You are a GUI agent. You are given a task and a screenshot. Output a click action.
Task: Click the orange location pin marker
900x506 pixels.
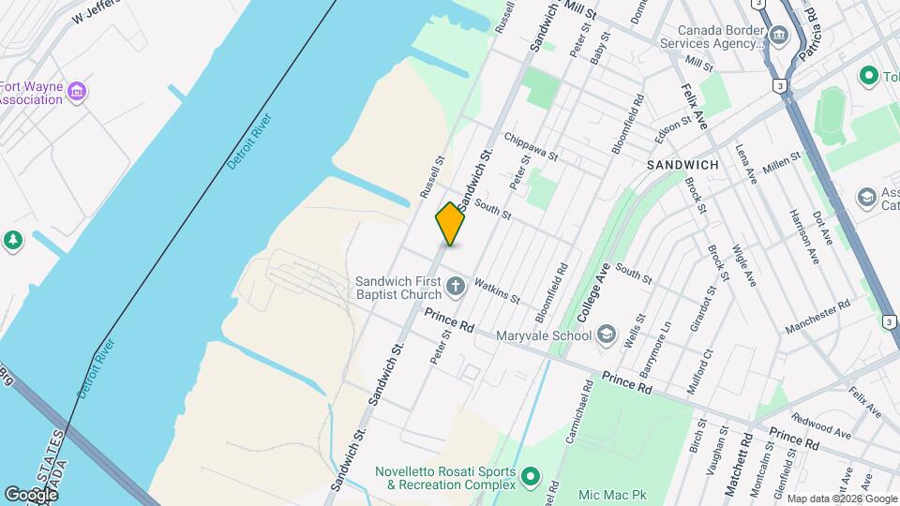point(451,224)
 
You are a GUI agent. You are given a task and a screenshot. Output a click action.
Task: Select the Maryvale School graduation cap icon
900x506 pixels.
point(607,335)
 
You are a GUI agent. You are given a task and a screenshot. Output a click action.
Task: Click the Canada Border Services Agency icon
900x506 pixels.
point(779,36)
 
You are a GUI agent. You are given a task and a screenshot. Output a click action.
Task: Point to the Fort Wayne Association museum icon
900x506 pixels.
point(78,91)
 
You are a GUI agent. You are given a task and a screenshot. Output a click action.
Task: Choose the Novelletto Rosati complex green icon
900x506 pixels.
point(531,478)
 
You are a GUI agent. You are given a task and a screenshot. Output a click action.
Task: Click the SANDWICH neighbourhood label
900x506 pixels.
point(682,165)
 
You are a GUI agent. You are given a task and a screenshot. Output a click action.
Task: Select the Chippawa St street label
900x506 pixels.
point(531,146)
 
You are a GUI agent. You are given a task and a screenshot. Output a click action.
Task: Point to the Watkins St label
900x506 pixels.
point(497,290)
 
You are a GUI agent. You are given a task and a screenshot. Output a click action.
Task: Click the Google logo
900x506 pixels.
point(31,494)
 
